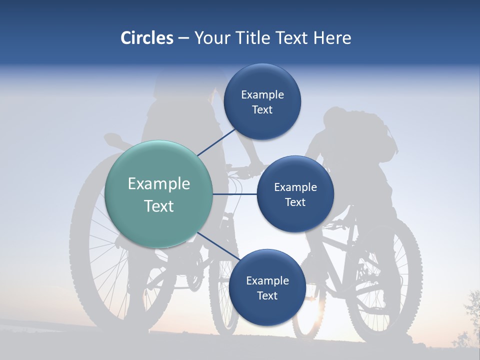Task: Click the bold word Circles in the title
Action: coord(146,38)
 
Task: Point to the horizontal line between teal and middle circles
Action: coord(234,194)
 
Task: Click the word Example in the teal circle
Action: coord(159,184)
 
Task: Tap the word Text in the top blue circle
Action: coord(262,110)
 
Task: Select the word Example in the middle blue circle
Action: coord(295,187)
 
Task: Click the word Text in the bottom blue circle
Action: coord(267,296)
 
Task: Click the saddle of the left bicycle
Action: coord(114,138)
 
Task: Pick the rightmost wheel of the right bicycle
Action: coord(382,285)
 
